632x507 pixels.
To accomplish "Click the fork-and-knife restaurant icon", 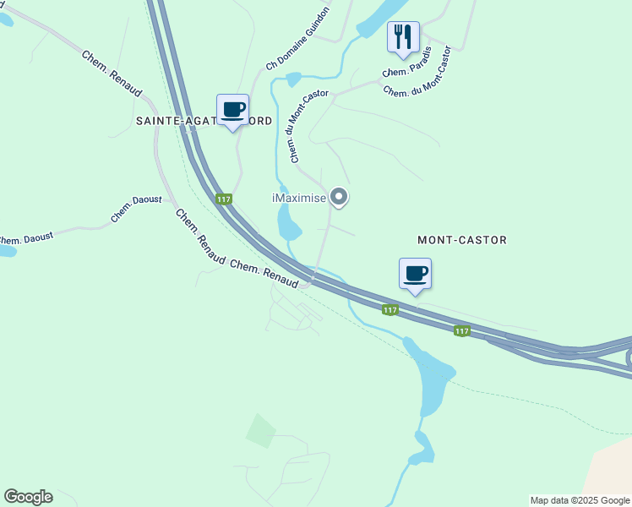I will tap(403, 36).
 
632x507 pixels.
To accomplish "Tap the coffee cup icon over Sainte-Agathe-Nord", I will tap(232, 109).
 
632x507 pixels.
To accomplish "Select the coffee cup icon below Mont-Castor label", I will tap(415, 274).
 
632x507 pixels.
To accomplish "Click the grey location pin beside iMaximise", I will tap(339, 197).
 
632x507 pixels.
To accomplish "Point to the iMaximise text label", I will tap(299, 198).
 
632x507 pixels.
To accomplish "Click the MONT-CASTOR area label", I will tap(462, 240).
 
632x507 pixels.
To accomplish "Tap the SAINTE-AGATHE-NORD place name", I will tap(204, 122).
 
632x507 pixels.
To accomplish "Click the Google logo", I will tap(28, 497).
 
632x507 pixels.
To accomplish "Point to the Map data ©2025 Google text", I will tap(580, 500).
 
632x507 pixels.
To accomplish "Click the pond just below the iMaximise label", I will tap(288, 223).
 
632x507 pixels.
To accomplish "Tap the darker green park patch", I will tap(260, 431).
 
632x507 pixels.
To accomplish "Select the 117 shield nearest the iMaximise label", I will tap(223, 199).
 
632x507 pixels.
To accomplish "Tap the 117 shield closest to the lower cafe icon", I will tap(389, 310).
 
